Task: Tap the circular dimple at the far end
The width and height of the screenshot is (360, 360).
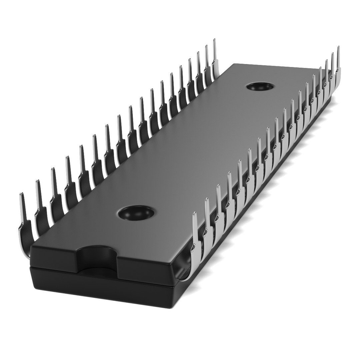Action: pyautogui.click(x=259, y=86)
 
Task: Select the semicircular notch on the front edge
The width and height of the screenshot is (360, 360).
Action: pyautogui.click(x=97, y=256)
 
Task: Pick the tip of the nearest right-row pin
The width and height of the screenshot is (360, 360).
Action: pyautogui.click(x=195, y=214)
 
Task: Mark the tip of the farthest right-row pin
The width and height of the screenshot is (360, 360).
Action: pyautogui.click(x=339, y=48)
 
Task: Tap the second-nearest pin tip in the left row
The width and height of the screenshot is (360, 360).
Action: pyautogui.click(x=38, y=182)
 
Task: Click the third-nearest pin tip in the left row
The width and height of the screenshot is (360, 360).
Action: pyautogui.click(x=53, y=170)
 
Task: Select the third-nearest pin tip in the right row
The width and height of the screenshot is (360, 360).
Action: pyautogui.click(x=218, y=187)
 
